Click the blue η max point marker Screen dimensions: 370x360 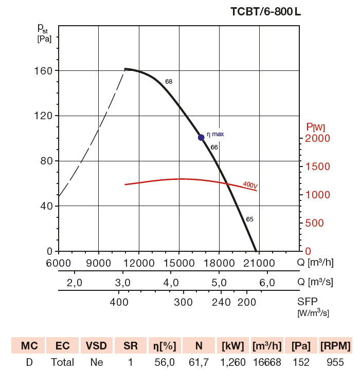[201, 137]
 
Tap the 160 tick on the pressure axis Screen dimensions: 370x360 [46, 70]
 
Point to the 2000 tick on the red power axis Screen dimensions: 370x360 [315, 139]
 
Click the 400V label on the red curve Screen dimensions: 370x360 [250, 184]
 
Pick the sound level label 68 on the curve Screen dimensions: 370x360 [169, 82]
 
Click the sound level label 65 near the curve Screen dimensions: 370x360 [249, 219]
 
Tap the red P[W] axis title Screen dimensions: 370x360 [315, 126]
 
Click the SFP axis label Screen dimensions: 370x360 [308, 302]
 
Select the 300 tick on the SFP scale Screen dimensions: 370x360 [183, 302]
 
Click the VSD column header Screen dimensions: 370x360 [96, 345]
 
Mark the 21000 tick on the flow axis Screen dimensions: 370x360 [259, 263]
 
